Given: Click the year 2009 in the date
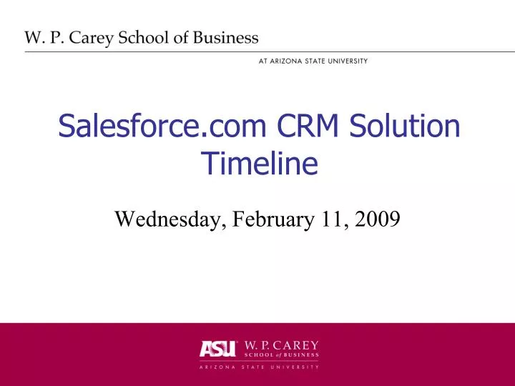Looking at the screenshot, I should [x=377, y=219].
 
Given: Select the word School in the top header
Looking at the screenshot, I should [x=152, y=38].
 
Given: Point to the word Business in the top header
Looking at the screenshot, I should [x=228, y=38].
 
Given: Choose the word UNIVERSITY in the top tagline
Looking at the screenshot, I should [x=346, y=61].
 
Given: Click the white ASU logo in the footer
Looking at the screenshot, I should [x=217, y=349].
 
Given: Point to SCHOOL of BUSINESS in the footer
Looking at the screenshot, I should [x=283, y=355].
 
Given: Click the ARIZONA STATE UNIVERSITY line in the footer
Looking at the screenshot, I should [x=259, y=367].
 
